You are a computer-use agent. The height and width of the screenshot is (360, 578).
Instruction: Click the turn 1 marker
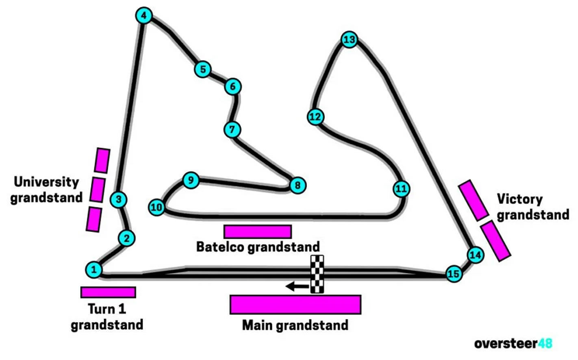[x=94, y=270]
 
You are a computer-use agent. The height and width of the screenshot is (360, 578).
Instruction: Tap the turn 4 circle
[x=143, y=16]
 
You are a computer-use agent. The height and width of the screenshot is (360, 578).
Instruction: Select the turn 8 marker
[x=298, y=185]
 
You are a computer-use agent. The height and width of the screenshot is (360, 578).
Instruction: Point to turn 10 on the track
[x=156, y=207]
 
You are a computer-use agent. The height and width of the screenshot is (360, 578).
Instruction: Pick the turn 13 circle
[x=349, y=40]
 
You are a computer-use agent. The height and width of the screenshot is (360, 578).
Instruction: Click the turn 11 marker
[x=401, y=189]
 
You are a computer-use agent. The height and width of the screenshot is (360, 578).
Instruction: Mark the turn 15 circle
[x=453, y=274]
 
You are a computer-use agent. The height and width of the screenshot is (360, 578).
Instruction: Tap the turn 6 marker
[x=233, y=86]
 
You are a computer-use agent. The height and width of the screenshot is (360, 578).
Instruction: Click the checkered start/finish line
[x=317, y=274]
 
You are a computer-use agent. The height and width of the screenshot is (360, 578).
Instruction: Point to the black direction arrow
[x=298, y=287]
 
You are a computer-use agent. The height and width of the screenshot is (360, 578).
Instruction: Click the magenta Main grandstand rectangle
[x=295, y=305]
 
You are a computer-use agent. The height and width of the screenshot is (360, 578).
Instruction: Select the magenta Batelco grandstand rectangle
[x=258, y=231]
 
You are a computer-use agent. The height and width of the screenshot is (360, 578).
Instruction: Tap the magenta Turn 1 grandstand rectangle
[x=108, y=292]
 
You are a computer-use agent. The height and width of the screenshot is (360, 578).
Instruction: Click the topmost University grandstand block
[x=102, y=160]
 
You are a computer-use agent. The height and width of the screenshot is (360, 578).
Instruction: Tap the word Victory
[x=519, y=199]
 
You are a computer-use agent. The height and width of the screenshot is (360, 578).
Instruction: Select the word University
[x=46, y=182]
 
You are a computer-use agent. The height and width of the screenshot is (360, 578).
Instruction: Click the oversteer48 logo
[x=513, y=343]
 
